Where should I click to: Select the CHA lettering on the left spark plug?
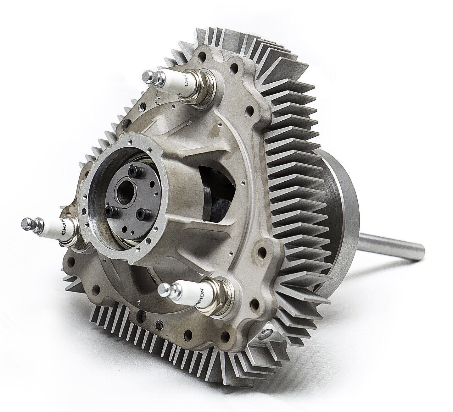[x=63, y=228]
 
